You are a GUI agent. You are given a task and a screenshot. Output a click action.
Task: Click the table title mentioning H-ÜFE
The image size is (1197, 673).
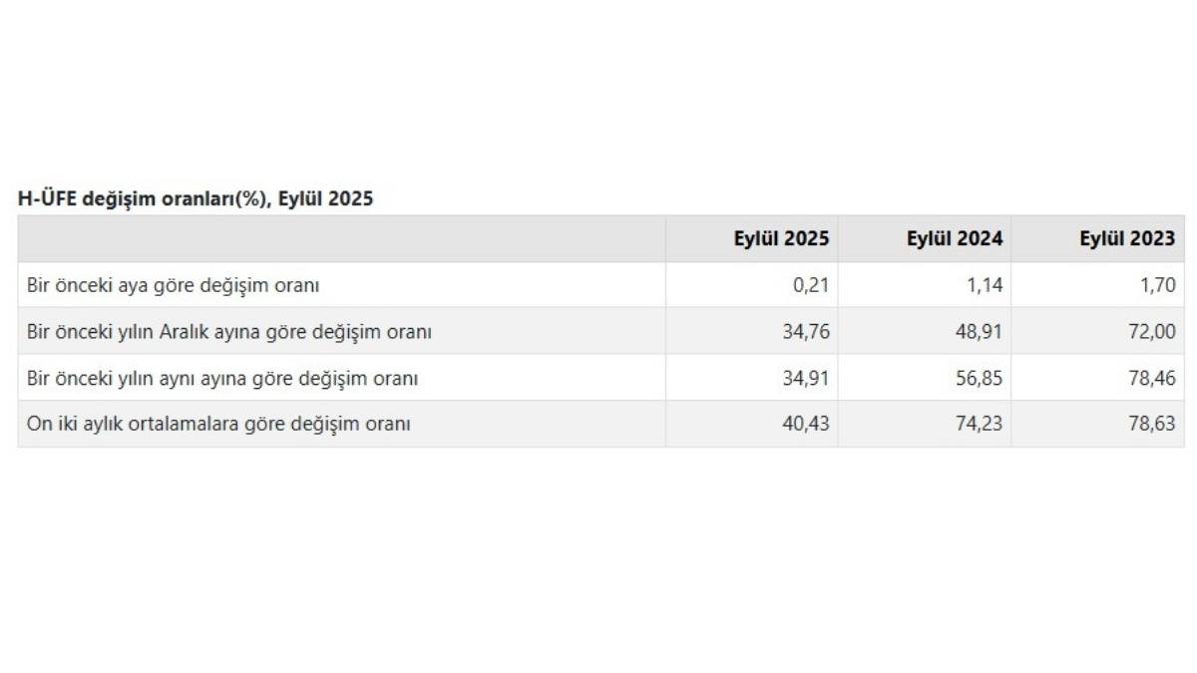coord(196,198)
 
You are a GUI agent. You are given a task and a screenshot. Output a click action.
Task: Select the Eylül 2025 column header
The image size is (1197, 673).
coord(781,238)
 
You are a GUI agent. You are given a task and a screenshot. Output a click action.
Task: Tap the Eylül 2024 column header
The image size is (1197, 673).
coord(955,238)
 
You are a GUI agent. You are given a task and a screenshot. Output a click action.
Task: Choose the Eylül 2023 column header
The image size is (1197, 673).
coord(1127,238)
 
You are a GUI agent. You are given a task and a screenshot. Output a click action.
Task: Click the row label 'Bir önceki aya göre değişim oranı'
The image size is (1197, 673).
coord(174,285)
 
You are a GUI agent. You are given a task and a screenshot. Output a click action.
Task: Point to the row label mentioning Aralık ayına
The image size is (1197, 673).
coord(229,332)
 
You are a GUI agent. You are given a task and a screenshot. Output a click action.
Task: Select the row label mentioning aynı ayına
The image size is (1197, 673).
coord(222,379)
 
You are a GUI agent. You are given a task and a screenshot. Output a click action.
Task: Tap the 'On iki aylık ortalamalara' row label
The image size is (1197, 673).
coord(218,424)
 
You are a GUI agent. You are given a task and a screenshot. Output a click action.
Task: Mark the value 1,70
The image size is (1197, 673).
coord(1158,285)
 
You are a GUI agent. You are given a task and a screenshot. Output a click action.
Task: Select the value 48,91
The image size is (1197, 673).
coord(980,332)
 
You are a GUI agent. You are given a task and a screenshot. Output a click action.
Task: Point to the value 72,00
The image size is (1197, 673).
coord(1152,332)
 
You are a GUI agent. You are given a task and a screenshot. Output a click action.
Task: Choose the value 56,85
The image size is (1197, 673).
coord(980,379)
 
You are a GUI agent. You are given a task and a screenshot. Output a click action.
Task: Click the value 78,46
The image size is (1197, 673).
coord(1152,379)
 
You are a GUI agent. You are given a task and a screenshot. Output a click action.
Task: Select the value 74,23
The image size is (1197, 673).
coord(980,424)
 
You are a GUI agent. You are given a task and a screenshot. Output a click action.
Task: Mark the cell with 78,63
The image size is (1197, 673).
coord(1152,424)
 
